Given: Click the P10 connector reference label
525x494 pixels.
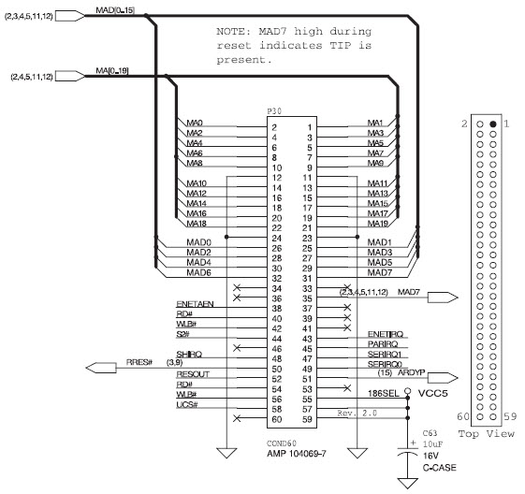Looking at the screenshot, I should point(274,110).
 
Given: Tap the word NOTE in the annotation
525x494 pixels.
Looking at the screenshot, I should point(230,31).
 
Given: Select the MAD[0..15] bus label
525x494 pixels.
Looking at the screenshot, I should point(116,9).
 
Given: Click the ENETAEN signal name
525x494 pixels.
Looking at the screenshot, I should point(195,305).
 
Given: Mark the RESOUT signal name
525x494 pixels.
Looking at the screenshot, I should point(193,374).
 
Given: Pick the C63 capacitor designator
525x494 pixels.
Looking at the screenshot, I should point(430,433).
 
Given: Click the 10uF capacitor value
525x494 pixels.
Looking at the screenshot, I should point(433,445).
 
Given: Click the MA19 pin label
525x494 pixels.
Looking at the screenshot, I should point(378,224).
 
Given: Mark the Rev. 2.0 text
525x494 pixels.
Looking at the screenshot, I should point(359,412).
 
